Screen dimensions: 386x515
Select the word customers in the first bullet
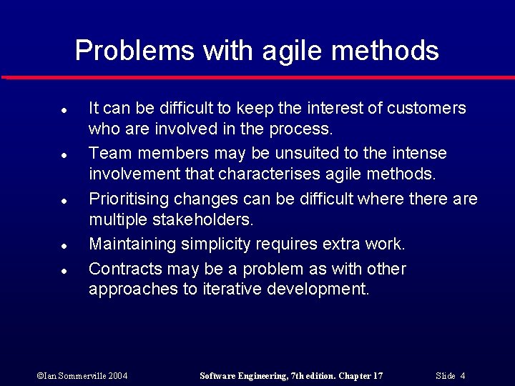[x=426, y=108]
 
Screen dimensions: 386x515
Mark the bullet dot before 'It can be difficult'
[x=64, y=111]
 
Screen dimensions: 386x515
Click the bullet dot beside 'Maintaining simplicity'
[x=64, y=247]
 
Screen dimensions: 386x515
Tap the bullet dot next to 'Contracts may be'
[x=64, y=272]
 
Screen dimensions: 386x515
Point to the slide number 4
[x=463, y=376]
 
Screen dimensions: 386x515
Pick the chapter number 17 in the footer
[x=377, y=376]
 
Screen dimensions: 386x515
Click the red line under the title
[x=257, y=76]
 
